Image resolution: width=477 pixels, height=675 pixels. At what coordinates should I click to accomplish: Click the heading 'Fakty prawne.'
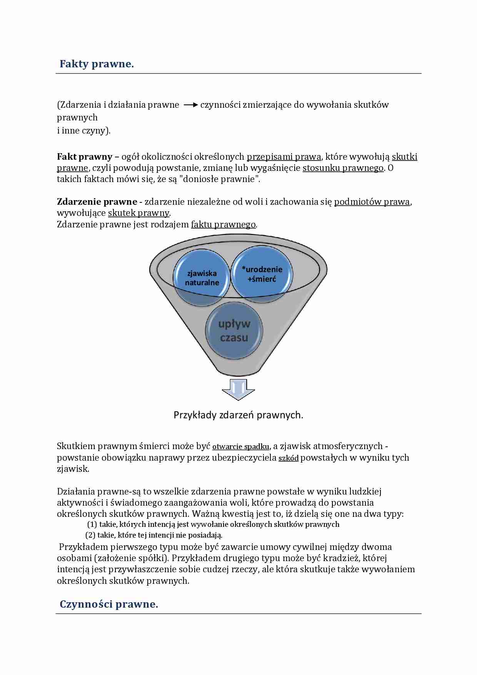click(97, 64)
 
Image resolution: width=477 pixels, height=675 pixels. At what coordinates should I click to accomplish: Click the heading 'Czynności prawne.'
click(109, 604)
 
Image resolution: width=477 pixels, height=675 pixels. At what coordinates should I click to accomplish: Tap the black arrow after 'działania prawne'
click(190, 105)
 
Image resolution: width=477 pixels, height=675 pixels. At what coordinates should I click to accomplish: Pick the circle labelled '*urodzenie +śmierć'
click(262, 274)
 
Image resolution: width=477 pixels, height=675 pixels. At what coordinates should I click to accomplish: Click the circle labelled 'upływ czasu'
click(234, 331)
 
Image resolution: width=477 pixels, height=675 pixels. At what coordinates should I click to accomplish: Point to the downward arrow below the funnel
click(239, 389)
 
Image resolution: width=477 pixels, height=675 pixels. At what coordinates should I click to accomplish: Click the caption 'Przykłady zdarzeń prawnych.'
click(239, 415)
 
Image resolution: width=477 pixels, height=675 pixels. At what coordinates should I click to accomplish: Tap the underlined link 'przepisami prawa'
click(284, 157)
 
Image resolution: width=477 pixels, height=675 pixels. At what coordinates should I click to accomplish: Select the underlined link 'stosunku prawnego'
click(343, 168)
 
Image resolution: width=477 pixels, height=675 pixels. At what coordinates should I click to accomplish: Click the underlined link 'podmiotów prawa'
click(372, 202)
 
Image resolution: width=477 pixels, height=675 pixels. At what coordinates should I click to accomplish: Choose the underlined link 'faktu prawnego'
click(223, 224)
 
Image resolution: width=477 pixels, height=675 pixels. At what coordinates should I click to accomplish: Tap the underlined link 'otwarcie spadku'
click(241, 447)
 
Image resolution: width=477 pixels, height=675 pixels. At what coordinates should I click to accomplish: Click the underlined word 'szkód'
click(289, 458)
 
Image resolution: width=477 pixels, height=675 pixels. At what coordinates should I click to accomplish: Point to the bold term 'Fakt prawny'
click(85, 157)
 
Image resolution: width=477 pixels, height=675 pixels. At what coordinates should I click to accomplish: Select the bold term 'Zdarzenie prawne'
click(97, 202)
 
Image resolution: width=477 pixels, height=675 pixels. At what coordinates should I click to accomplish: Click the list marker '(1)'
click(92, 524)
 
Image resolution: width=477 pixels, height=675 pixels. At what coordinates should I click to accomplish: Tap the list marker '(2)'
click(90, 535)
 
